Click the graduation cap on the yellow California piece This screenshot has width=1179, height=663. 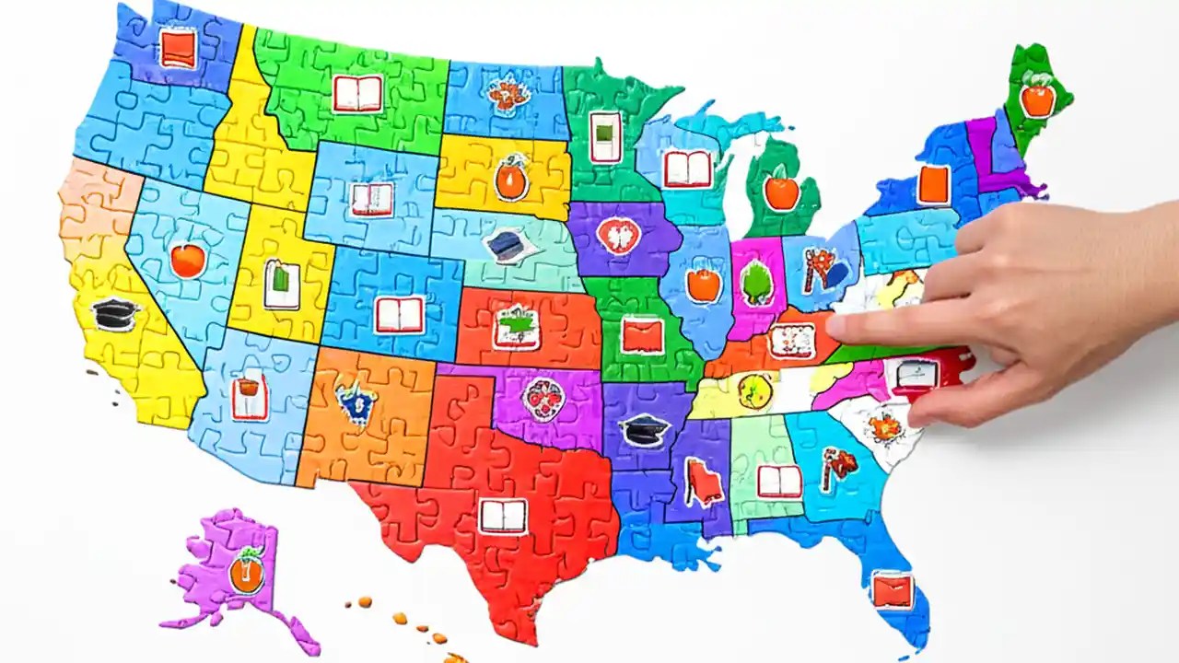pyautogui.click(x=115, y=314)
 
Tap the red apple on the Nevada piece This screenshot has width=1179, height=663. pyautogui.click(x=187, y=261)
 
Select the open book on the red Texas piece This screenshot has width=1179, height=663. pyautogui.click(x=503, y=516)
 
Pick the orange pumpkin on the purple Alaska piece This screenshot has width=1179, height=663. pyautogui.click(x=246, y=573)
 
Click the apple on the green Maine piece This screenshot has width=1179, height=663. pyautogui.click(x=1037, y=98)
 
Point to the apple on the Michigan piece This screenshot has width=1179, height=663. pyautogui.click(x=781, y=192)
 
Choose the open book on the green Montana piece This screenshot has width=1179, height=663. pyautogui.click(x=357, y=94)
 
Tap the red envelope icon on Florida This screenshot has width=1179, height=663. pyautogui.click(x=892, y=589)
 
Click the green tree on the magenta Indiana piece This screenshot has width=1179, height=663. pyautogui.click(x=757, y=283)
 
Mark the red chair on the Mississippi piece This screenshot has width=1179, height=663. pyautogui.click(x=704, y=482)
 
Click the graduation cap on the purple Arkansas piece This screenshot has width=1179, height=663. pyautogui.click(x=645, y=430)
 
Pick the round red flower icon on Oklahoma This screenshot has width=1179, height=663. pyautogui.click(x=543, y=400)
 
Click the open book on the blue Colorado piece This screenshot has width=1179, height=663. pyautogui.click(x=400, y=315)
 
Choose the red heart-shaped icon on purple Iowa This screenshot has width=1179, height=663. pyautogui.click(x=617, y=236)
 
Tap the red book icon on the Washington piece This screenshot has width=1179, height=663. pyautogui.click(x=177, y=48)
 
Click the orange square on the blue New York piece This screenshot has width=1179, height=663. pyautogui.click(x=933, y=184)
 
